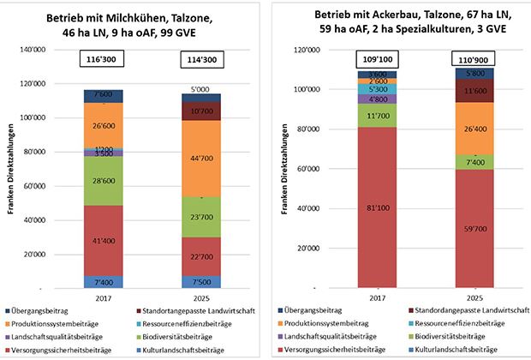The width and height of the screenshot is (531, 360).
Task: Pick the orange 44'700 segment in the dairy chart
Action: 200,158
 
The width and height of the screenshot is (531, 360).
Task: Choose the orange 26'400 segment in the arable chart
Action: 473,128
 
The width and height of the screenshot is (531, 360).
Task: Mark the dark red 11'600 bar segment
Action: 473,90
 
